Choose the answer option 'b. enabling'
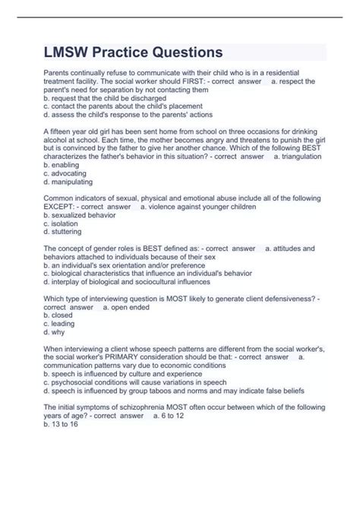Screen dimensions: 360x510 click(x=63, y=165)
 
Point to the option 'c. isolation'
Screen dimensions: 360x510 click(x=62, y=225)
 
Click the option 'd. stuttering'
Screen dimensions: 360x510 click(x=65, y=234)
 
